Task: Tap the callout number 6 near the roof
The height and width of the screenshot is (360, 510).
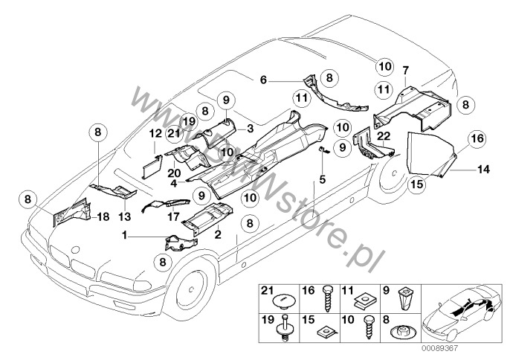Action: pyautogui.click(x=262, y=78)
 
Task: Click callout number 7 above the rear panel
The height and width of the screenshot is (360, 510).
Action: pyautogui.click(x=404, y=71)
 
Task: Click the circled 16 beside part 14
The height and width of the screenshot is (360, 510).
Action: pyautogui.click(x=477, y=138)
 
